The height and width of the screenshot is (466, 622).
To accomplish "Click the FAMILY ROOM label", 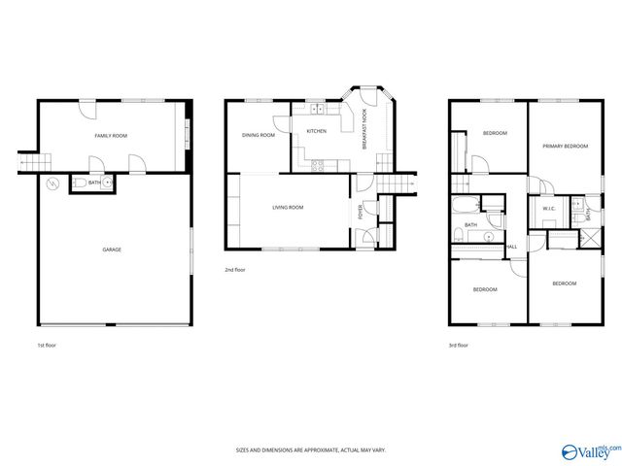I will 111,136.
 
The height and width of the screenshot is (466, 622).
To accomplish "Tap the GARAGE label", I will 112,250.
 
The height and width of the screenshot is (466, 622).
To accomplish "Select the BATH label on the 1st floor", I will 94,183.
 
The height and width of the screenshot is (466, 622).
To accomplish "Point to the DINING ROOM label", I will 258,135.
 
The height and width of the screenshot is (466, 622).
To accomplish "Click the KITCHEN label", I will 316,131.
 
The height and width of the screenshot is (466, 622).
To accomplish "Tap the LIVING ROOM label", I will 288,207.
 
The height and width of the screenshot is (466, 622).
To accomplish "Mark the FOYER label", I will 362,211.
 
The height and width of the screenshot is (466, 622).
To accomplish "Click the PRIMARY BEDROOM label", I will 565,146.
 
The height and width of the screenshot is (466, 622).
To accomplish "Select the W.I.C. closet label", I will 547,209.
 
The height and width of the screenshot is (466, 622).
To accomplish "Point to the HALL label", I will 511,247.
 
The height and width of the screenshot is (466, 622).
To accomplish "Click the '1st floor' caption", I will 47,345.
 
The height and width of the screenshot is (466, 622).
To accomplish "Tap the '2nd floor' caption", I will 235,270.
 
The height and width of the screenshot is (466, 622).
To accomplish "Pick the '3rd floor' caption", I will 459,345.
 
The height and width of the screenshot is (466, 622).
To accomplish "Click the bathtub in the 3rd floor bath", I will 466,206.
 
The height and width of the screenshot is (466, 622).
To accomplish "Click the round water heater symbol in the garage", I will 52,183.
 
